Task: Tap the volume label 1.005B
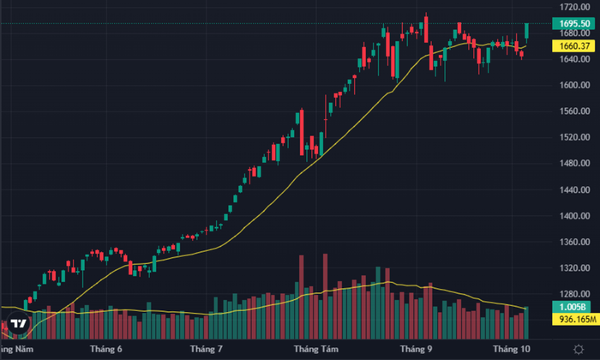tap(563, 306)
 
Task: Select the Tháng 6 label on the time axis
tap(106, 350)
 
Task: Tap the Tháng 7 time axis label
tap(207, 350)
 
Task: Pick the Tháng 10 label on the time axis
tap(513, 350)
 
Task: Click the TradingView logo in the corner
tap(18, 326)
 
